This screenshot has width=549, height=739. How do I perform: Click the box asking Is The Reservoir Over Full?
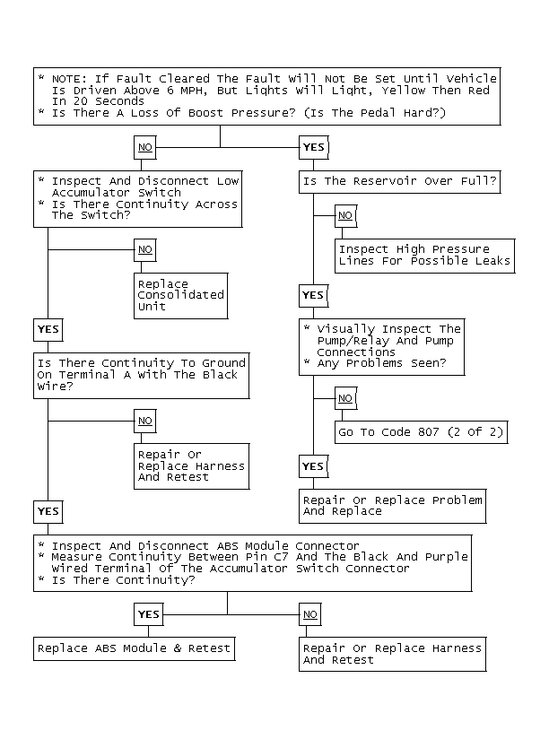(x=399, y=182)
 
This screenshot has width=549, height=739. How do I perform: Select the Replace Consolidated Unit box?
(x=181, y=296)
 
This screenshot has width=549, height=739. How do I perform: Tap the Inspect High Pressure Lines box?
(x=424, y=256)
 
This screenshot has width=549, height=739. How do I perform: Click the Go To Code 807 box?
(x=422, y=432)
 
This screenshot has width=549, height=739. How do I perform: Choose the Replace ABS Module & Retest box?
(x=135, y=649)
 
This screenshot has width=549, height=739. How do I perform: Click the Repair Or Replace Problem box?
(x=393, y=506)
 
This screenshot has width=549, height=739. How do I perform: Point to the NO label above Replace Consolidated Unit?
(x=145, y=250)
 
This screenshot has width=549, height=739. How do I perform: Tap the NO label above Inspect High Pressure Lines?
(x=345, y=216)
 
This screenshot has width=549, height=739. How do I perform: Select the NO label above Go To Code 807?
(x=345, y=399)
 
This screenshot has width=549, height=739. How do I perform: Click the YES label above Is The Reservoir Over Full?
(x=314, y=147)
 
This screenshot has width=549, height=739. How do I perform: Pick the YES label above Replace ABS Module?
(x=149, y=614)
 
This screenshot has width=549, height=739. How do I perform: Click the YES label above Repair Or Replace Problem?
(x=313, y=466)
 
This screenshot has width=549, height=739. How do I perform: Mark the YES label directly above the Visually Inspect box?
(x=313, y=295)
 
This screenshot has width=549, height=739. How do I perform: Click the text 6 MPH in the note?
(x=187, y=91)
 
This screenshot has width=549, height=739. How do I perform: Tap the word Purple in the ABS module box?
(x=446, y=557)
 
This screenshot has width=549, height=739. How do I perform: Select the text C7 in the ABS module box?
(x=281, y=557)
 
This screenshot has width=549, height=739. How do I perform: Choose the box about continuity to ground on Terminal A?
(x=142, y=376)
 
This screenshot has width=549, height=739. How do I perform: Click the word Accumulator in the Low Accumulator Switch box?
(x=91, y=193)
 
